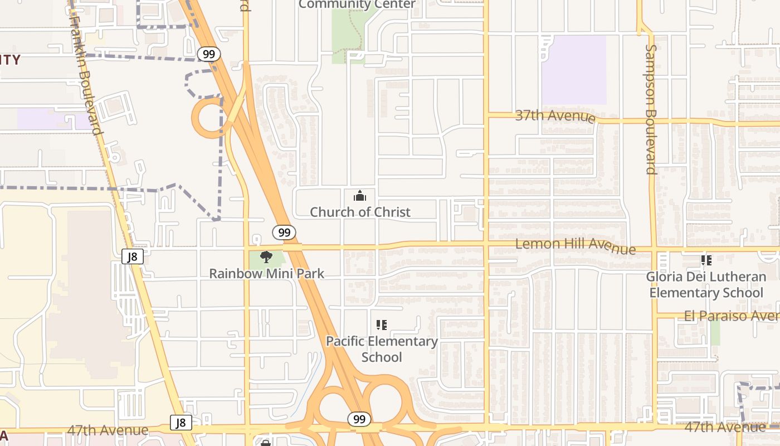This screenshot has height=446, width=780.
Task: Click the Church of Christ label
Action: [360, 212]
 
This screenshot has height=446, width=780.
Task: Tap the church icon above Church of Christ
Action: [360, 196]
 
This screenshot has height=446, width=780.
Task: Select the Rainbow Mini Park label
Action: [266, 274]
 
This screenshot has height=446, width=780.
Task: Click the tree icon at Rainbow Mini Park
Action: [266, 257]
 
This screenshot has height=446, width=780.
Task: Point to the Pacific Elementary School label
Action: [382, 348]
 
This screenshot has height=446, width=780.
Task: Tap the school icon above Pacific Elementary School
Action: [382, 324]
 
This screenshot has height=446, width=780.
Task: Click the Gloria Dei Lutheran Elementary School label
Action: [706, 284]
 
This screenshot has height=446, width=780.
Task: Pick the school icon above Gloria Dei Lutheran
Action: [706, 260]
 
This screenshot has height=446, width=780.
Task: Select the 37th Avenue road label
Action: [555, 116]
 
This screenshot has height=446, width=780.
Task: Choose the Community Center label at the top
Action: [357, 4]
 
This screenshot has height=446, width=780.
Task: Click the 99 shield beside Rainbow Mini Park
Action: [284, 232]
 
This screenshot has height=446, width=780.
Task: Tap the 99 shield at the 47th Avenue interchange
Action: [359, 419]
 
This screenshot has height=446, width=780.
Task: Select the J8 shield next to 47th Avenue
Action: [181, 423]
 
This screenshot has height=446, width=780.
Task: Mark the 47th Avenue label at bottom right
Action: [724, 427]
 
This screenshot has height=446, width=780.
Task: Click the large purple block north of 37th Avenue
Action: [574, 70]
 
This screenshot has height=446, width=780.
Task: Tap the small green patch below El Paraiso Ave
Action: [715, 332]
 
